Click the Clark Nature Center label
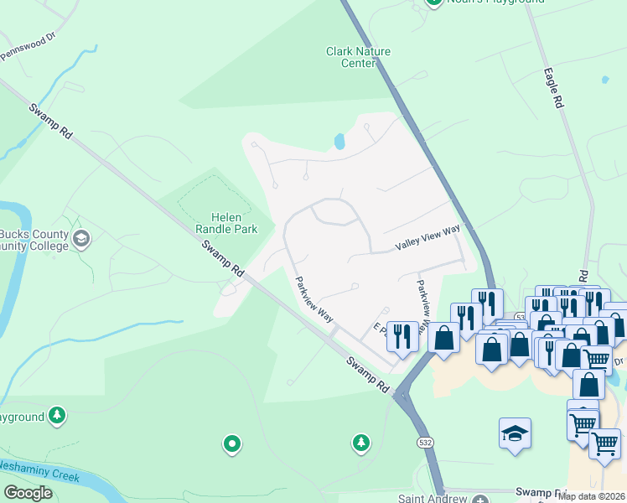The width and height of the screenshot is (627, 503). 358,57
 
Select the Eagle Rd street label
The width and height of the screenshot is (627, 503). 552,88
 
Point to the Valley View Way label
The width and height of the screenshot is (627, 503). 427,242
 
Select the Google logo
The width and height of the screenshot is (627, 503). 28,493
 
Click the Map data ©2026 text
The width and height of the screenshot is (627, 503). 591,496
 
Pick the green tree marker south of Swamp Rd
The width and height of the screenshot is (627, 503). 360,442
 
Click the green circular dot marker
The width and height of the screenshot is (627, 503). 232,443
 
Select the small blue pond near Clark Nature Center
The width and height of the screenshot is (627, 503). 339,142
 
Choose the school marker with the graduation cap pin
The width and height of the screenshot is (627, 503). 515,433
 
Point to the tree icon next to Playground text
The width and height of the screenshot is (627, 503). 56,415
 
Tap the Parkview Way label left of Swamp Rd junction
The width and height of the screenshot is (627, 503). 314,298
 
